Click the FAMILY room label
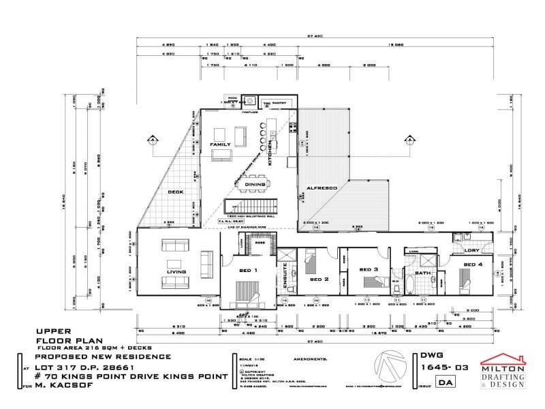(x=220, y=145)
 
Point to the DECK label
(x=176, y=193)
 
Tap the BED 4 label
(x=473, y=264)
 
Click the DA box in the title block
(x=428, y=384)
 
